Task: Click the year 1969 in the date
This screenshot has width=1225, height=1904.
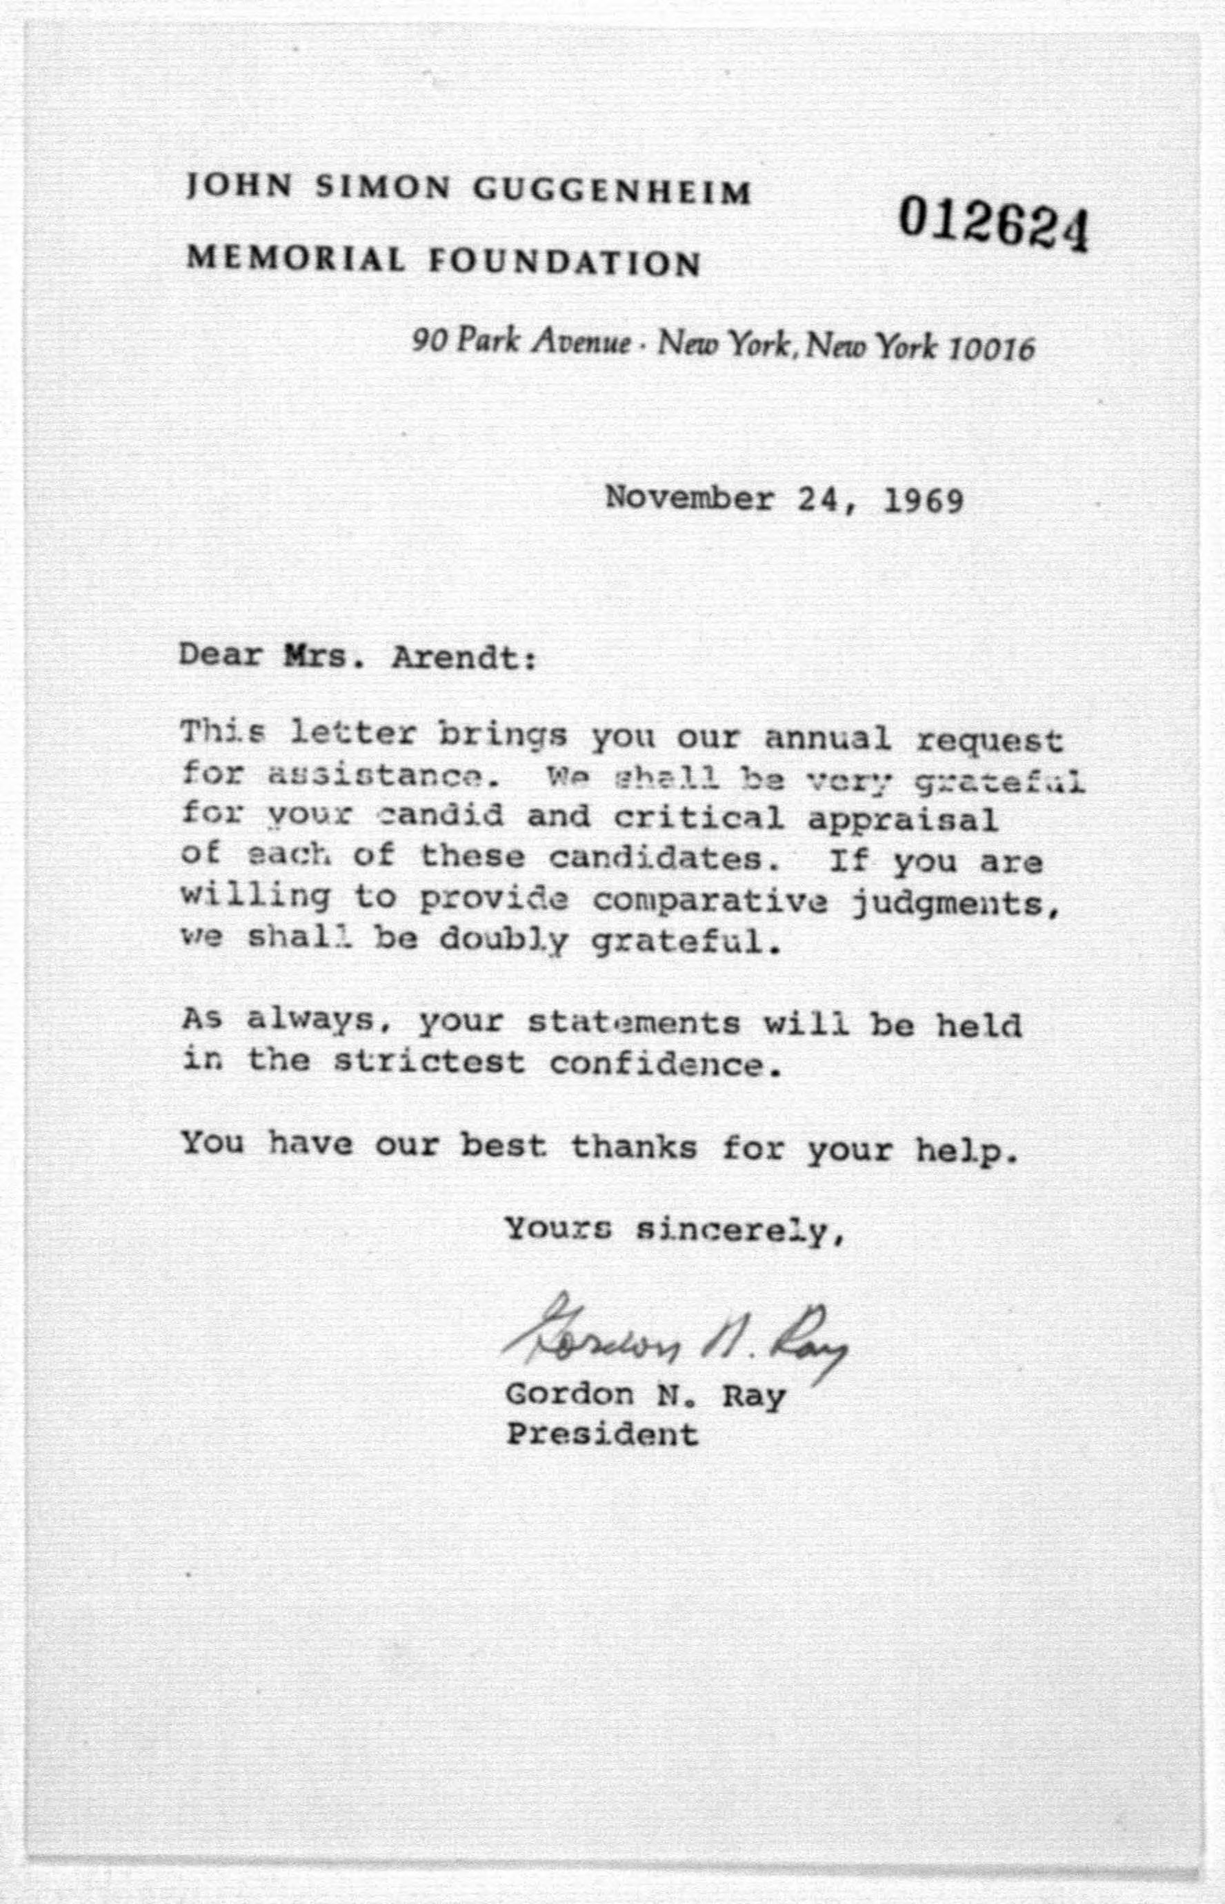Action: (924, 500)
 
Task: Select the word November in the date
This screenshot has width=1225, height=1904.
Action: (690, 499)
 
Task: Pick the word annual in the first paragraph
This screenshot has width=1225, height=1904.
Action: (826, 739)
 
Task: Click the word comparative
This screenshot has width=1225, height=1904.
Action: (710, 901)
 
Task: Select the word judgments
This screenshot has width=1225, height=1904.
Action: (955, 904)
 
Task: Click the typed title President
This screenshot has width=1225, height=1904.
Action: (603, 1435)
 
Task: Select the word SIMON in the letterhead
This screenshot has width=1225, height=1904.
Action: (384, 188)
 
